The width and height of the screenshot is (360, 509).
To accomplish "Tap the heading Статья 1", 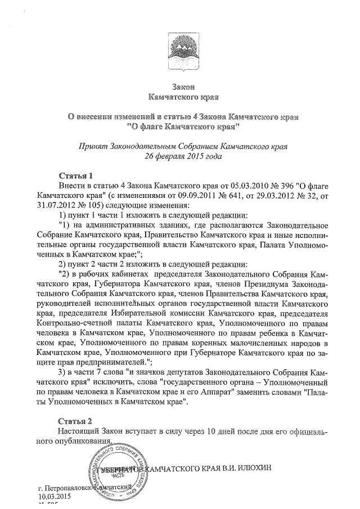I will point(76,175).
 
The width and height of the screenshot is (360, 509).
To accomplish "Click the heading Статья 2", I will point(76,421).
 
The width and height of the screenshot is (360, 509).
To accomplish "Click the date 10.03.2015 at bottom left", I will point(55,496).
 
